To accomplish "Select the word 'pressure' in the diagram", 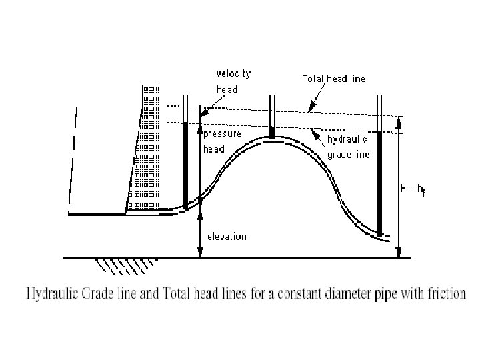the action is pyautogui.click(x=222, y=134).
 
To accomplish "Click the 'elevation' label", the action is pyautogui.click(x=227, y=236).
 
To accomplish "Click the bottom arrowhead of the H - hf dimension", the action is pyautogui.click(x=399, y=253).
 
